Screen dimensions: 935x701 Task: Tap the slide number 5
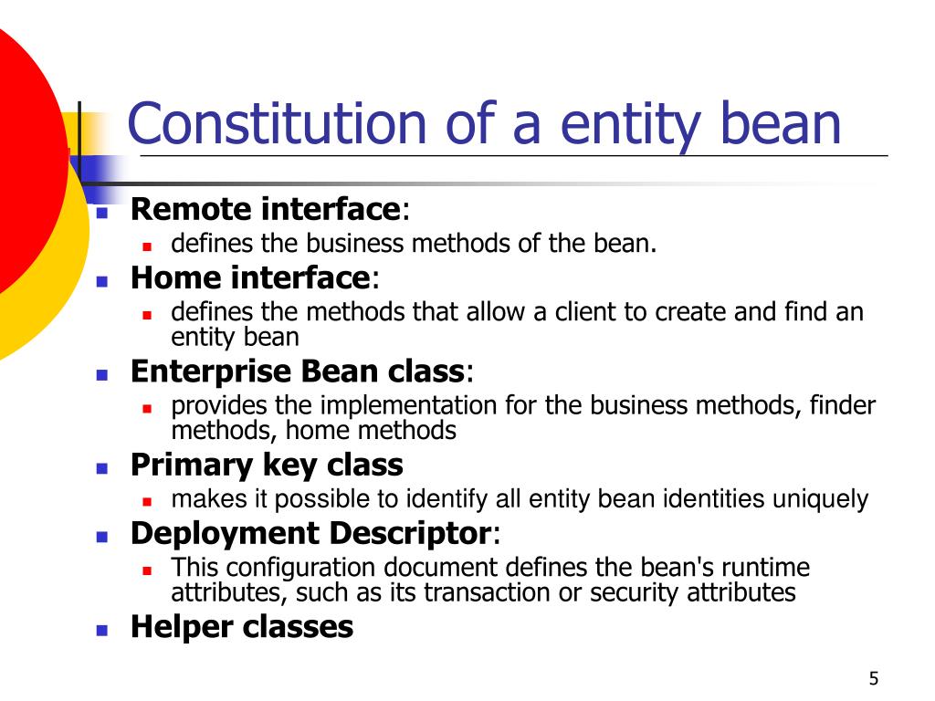874,678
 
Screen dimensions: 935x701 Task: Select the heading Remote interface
266,209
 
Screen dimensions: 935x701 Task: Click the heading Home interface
251,277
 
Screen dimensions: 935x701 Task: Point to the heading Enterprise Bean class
298,371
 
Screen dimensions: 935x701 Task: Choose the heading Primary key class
267,465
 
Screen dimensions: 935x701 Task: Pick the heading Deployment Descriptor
310,533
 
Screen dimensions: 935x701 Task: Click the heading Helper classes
241,626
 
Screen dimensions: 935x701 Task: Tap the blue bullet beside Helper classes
102,630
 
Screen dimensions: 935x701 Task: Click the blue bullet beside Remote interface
102,212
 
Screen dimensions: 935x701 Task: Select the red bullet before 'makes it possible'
147,502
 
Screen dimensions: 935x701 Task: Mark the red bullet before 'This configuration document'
147,570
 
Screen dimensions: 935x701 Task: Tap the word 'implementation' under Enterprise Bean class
408,406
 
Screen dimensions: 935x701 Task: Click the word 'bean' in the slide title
781,123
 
